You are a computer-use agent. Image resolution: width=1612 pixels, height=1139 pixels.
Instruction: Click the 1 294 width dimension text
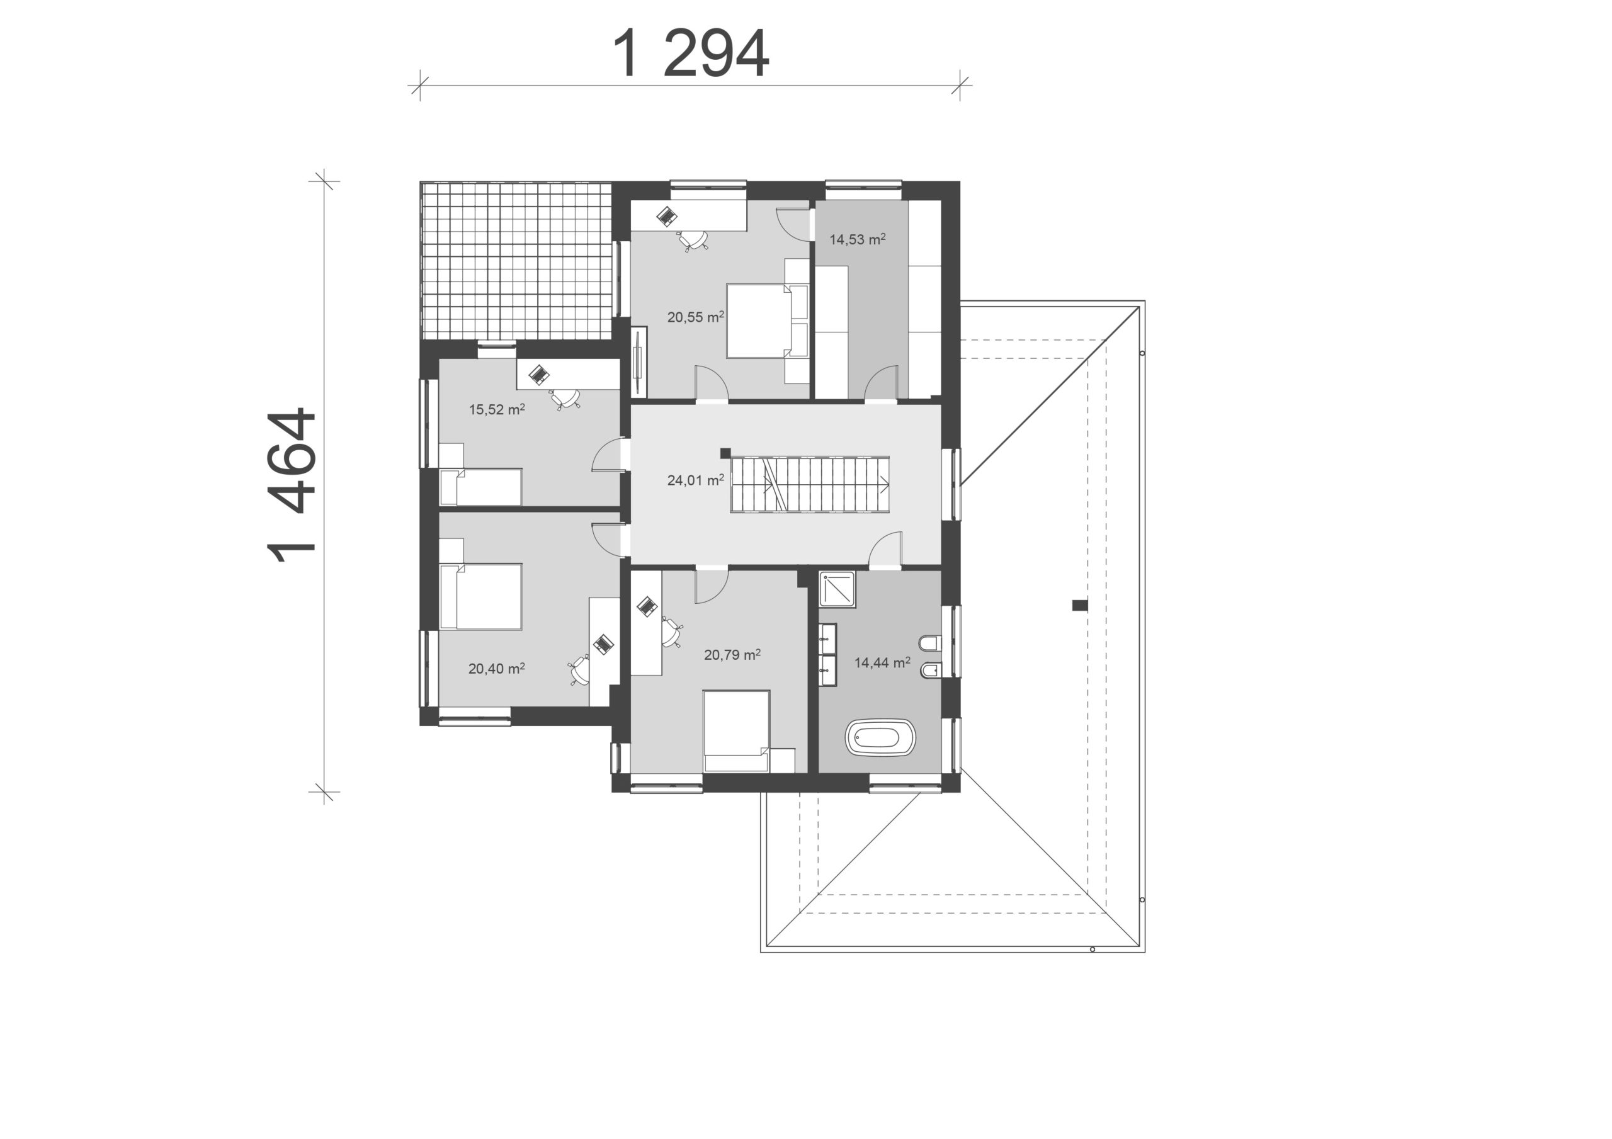[691, 54]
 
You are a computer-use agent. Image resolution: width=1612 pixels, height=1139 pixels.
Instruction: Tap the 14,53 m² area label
[857, 239]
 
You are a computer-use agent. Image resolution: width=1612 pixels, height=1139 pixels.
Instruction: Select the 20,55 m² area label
[695, 317]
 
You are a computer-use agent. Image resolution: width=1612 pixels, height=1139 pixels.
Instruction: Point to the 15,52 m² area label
[497, 409]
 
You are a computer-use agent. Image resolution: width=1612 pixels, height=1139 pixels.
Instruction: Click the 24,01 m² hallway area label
[695, 480]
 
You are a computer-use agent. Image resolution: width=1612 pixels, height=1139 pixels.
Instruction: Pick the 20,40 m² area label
[496, 669]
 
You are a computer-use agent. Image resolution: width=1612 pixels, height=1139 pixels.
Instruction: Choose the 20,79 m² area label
[732, 654]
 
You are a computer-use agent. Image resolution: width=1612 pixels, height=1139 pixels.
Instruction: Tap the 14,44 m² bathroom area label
[882, 662]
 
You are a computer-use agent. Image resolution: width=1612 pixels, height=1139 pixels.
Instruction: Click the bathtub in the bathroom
[880, 737]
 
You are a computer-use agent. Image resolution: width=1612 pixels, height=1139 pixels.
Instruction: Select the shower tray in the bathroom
[837, 589]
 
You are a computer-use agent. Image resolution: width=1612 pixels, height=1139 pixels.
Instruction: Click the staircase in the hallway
[810, 484]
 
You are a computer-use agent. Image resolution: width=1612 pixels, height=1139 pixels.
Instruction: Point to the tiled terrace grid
[516, 261]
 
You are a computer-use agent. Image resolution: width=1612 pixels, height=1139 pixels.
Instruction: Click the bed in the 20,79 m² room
[737, 731]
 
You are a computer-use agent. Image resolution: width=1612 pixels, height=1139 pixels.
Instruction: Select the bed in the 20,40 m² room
[481, 596]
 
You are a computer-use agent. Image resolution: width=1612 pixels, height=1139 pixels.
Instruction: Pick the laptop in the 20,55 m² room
[666, 215]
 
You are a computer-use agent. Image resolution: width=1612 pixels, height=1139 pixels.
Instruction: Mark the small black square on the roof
[1080, 605]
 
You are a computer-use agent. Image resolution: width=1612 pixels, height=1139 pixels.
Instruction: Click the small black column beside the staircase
[725, 453]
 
